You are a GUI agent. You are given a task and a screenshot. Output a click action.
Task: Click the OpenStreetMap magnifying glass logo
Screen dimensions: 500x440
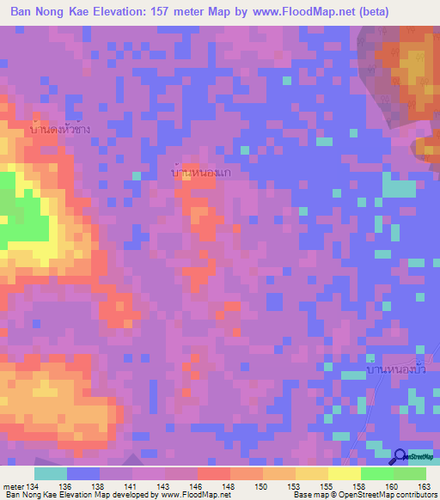pyautogui.click(x=400, y=457)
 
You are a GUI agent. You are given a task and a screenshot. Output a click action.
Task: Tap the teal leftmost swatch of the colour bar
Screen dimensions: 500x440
pyautogui.click(x=51, y=473)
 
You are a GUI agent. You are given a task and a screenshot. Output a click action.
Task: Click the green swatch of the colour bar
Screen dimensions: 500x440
pyautogui.click(x=377, y=473)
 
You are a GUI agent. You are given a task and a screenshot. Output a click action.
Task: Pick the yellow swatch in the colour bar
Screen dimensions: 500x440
pyautogui.click(x=344, y=473)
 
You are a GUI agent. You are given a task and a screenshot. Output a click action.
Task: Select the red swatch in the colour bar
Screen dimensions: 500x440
pyautogui.click(x=213, y=473)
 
